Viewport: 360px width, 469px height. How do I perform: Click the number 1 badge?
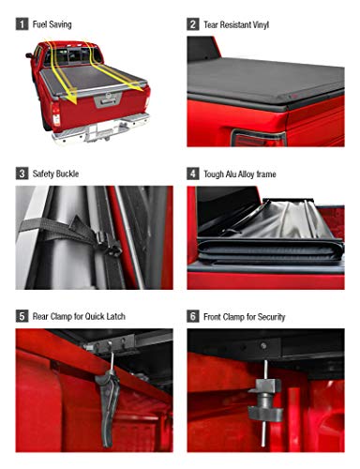tap(22, 23)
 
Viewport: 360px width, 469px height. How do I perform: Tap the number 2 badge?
tap(192, 23)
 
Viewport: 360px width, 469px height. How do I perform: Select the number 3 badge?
tap(22, 174)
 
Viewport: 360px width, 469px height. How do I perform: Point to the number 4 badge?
tap(192, 174)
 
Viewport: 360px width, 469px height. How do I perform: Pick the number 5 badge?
tap(22, 317)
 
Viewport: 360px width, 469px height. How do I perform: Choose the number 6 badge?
tap(192, 317)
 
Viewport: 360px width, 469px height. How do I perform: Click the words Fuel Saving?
tap(52, 23)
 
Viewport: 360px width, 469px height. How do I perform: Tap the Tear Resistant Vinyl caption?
tap(236, 23)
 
